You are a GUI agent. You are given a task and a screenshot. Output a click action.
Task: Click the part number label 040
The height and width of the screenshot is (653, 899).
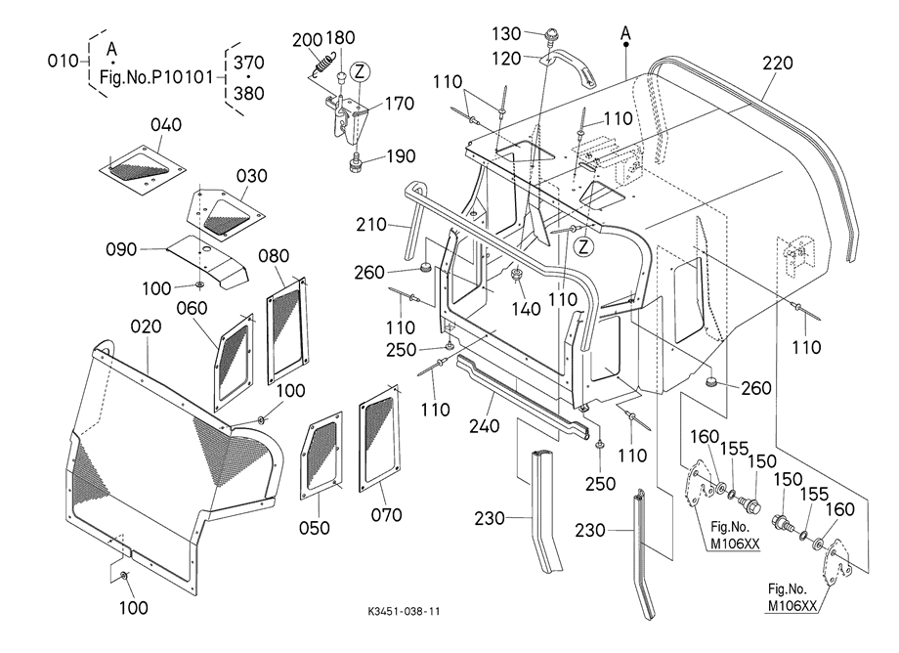pyautogui.click(x=166, y=125)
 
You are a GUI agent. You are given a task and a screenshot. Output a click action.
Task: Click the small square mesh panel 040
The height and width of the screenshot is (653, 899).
pyautogui.click(x=146, y=163)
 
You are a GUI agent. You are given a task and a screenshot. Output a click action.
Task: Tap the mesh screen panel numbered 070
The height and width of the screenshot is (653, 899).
pyautogui.click(x=379, y=436)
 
